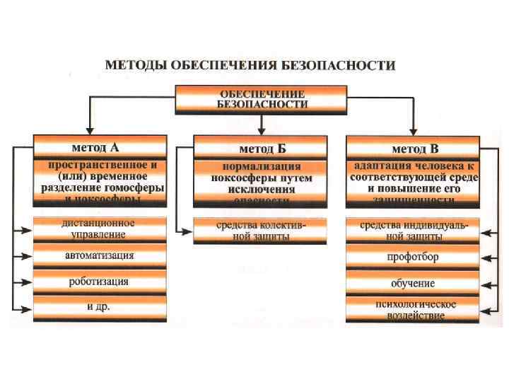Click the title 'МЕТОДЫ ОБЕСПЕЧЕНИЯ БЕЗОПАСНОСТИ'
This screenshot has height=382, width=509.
[x=250, y=65]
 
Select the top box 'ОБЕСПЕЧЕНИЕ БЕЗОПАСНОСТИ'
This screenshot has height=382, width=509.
[x=262, y=98]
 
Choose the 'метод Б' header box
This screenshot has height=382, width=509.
[x=262, y=148]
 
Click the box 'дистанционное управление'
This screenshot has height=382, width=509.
[x=100, y=229]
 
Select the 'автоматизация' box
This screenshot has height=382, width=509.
[x=100, y=255]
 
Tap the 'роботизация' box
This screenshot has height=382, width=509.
[x=100, y=282]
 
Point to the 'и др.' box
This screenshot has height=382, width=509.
[x=100, y=308]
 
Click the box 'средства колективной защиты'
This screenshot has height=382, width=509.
[x=262, y=231]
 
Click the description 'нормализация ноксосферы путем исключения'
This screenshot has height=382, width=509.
[x=262, y=183]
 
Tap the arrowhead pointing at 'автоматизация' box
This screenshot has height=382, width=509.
[x=29, y=255]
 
